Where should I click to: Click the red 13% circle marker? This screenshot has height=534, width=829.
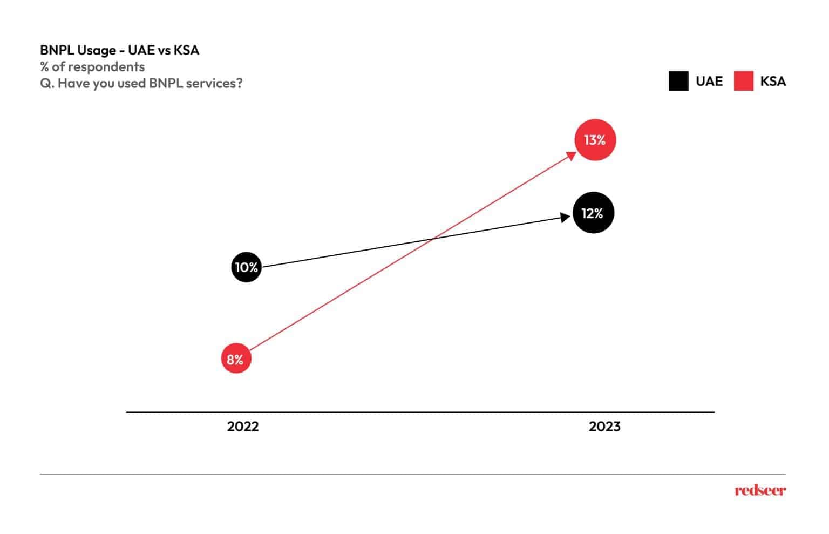tap(595, 140)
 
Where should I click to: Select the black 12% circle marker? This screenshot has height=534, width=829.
tap(593, 213)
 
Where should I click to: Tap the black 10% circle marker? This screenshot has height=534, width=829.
tap(247, 267)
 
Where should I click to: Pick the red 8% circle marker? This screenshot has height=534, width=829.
tap(236, 359)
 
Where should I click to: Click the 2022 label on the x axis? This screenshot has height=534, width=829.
tap(243, 427)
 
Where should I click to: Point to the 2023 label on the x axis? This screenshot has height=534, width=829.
tap(604, 427)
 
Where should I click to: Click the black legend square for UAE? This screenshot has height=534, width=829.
tap(679, 81)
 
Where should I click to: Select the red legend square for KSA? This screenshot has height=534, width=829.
tap(744, 81)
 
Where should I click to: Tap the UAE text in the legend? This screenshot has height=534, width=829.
tap(709, 81)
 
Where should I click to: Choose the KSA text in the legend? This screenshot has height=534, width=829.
tap(773, 81)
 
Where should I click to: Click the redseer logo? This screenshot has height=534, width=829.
tap(760, 490)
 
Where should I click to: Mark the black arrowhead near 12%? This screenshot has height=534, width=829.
tap(565, 218)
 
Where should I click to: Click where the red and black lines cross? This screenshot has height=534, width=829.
tap(432, 239)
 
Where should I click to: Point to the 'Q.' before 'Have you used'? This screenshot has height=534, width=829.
tap(47, 83)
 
